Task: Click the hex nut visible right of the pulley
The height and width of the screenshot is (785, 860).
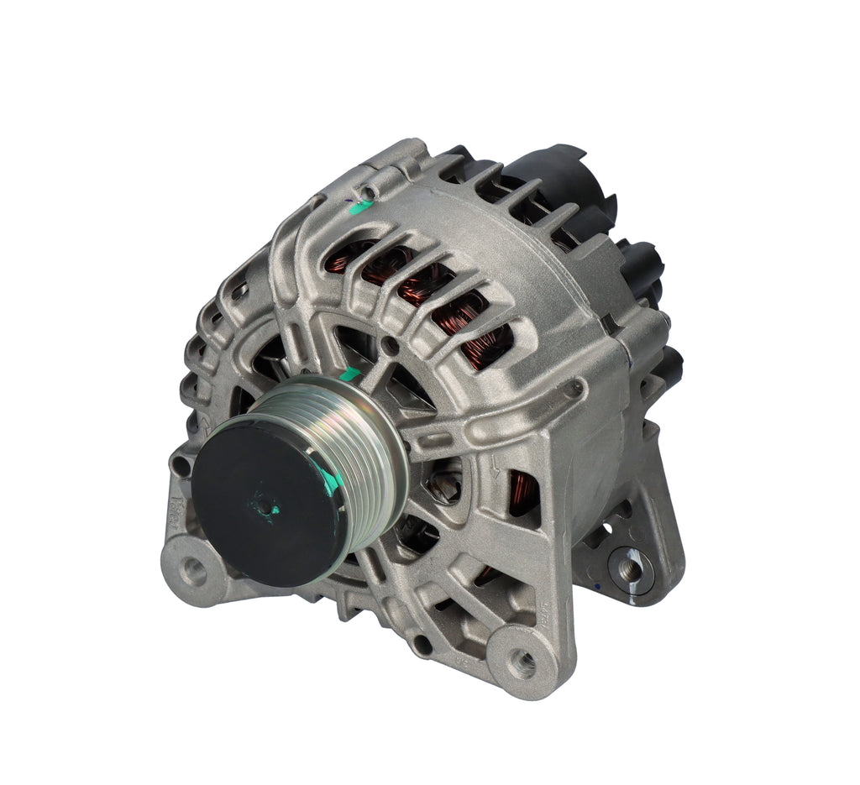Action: coord(443,482)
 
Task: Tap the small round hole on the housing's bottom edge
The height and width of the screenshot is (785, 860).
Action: coord(422,646)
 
